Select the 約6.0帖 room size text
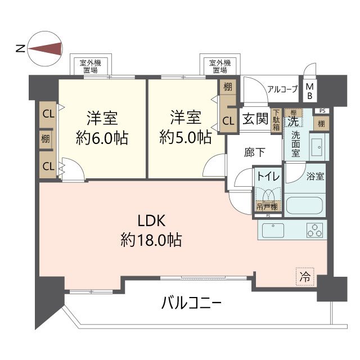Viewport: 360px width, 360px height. (102, 137)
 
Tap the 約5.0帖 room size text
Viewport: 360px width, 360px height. (185, 137)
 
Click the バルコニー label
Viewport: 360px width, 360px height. (191, 304)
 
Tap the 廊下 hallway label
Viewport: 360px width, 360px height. (254, 152)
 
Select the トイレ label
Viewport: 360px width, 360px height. (268, 175)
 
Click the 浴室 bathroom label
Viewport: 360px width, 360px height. (315, 176)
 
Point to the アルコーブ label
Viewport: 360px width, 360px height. (283, 88)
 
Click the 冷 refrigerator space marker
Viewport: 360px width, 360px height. (304, 277)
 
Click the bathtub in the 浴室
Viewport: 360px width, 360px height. (305, 205)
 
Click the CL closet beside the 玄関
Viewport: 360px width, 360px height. (228, 120)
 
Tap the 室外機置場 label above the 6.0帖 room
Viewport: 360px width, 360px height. (88, 66)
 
